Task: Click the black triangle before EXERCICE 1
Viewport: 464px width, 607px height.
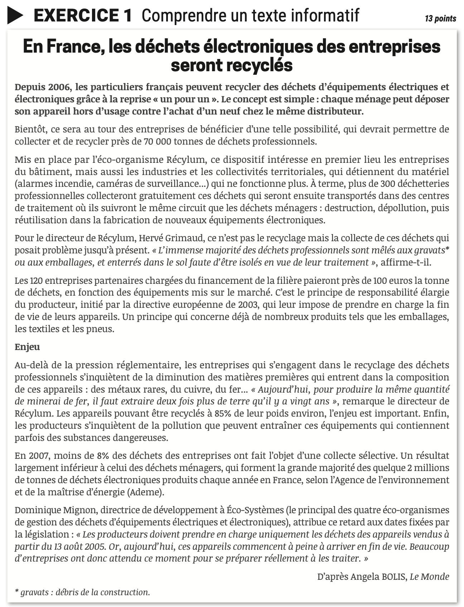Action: (x=15, y=16)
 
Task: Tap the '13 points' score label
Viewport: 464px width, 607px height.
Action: (x=440, y=19)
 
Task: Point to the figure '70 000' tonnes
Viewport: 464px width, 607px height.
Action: (x=158, y=141)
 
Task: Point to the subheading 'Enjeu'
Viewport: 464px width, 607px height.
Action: (x=27, y=347)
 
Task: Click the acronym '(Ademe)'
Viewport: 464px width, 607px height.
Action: (x=145, y=492)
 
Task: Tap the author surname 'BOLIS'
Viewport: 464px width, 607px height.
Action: (x=390, y=577)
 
